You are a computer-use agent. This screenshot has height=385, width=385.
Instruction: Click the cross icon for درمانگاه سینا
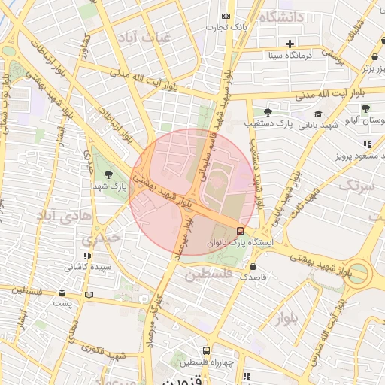point(290,44)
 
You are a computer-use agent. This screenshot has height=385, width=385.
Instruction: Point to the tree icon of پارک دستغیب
point(268,111)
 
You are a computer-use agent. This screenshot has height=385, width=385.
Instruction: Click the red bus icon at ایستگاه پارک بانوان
point(240,231)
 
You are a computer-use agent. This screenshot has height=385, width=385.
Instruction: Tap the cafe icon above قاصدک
point(253,266)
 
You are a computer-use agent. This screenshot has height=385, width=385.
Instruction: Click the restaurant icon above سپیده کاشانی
point(88,256)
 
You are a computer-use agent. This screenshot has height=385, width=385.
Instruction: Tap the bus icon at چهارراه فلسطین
point(207,350)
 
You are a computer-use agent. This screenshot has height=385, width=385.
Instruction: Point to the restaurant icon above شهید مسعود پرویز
point(367,144)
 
